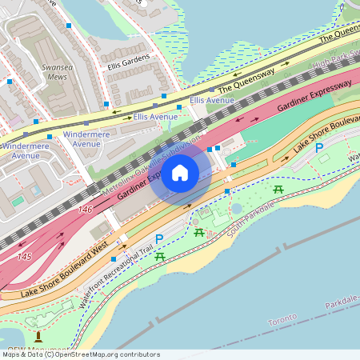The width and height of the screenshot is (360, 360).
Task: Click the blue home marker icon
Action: (x=180, y=173)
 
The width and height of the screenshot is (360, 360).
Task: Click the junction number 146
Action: (x=85, y=209)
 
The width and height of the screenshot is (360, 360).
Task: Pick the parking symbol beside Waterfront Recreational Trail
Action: (x=158, y=239)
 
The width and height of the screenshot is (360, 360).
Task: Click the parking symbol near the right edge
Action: (x=319, y=147)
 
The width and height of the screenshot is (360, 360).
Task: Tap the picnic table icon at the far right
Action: (x=278, y=190)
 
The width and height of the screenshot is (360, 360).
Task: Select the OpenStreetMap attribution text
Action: (x=81, y=354)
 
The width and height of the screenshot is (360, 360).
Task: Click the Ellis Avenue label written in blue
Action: (x=212, y=101)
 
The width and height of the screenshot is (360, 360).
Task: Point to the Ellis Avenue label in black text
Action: (x=155, y=117)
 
